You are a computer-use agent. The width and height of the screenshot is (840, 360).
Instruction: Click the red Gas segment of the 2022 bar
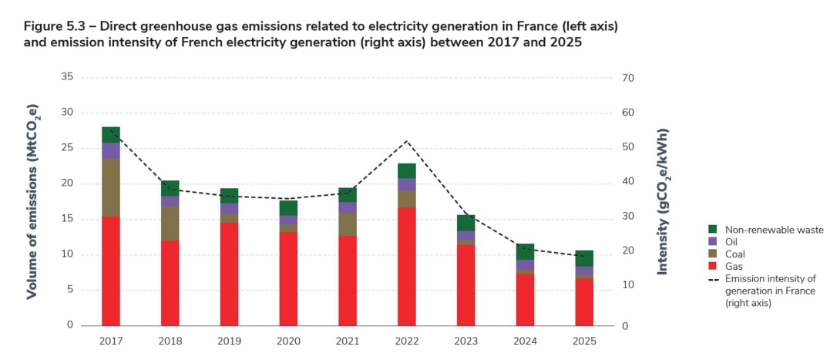click(x=406, y=266)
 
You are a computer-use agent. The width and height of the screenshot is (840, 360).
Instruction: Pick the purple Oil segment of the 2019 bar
click(x=229, y=209)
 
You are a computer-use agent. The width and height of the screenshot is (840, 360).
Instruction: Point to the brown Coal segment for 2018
click(x=170, y=224)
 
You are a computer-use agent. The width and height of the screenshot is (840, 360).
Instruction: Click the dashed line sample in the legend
click(x=714, y=278)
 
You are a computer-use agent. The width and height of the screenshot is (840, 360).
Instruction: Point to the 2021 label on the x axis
click(x=347, y=340)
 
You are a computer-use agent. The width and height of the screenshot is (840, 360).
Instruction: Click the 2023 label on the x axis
click(x=465, y=340)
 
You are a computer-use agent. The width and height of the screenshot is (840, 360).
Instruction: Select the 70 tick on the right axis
click(x=627, y=78)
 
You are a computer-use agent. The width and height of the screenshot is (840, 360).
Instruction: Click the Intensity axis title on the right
click(x=663, y=202)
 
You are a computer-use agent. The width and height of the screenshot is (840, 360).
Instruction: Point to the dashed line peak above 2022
click(x=406, y=141)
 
